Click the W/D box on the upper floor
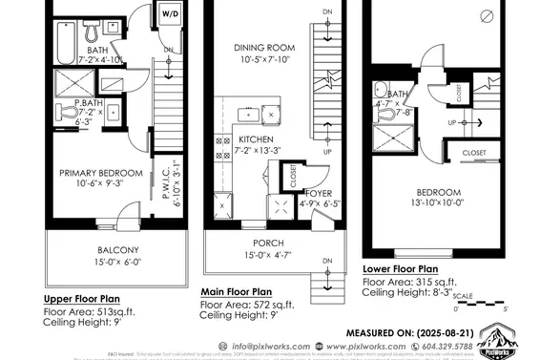point(171,15)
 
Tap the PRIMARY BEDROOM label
point(101,173)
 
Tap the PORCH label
point(262,243)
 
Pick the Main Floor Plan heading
point(237,291)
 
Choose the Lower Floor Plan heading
point(400,269)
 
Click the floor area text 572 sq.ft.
point(270,305)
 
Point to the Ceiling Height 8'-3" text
point(408,294)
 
